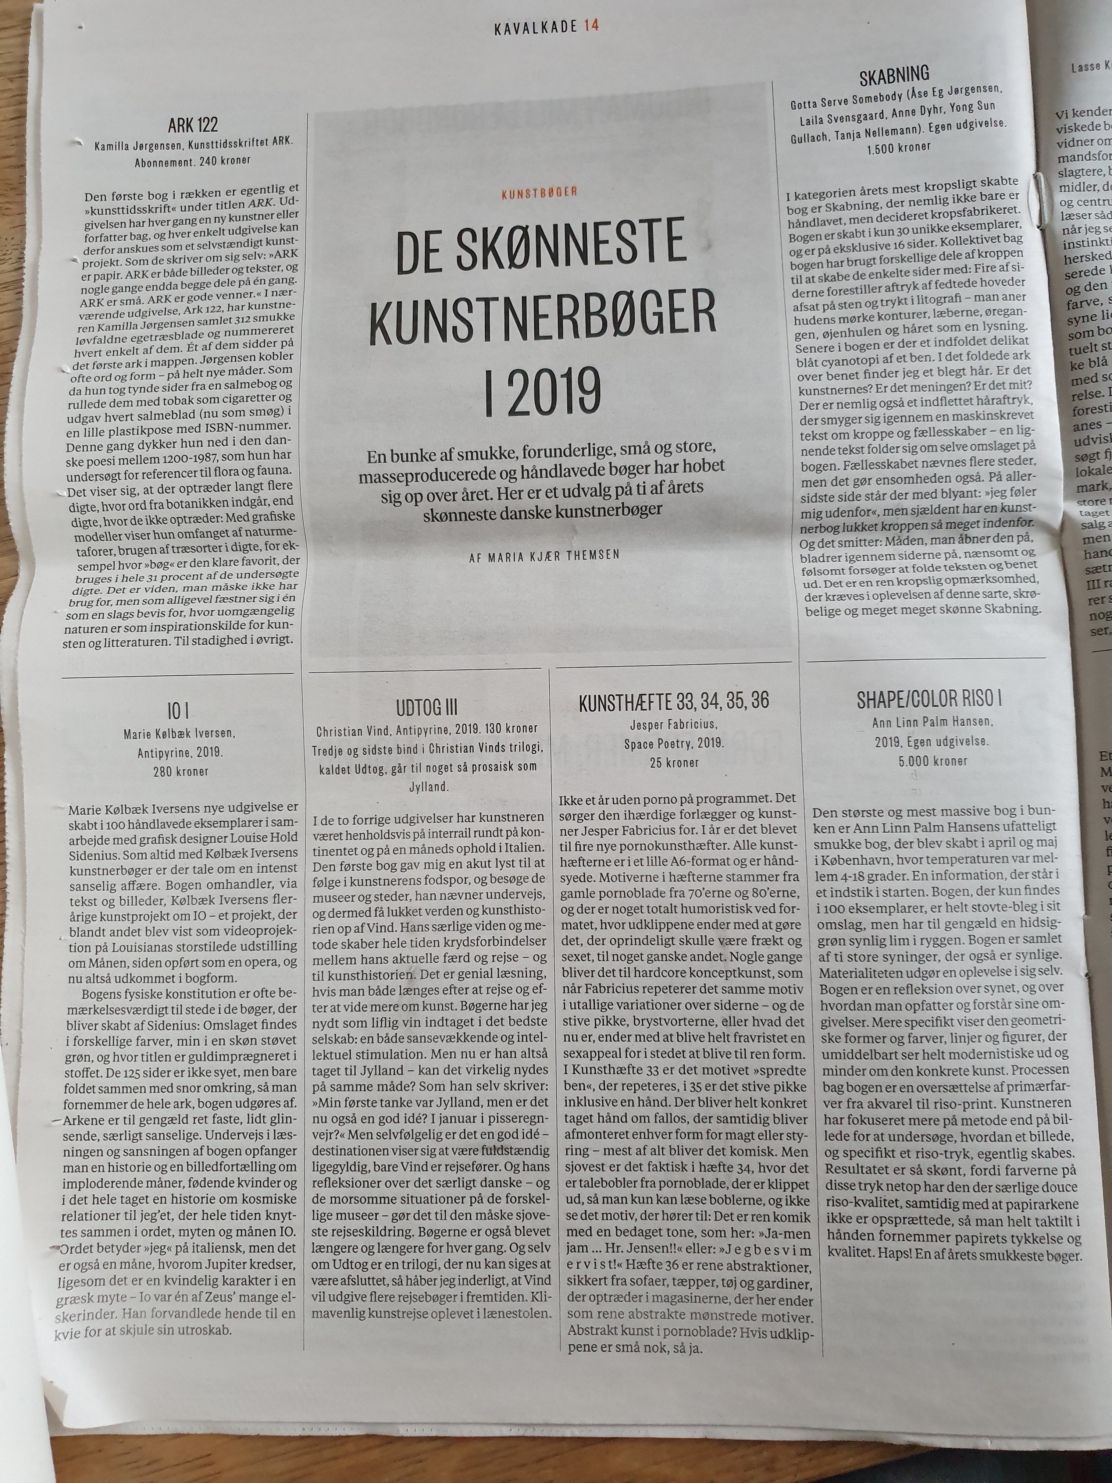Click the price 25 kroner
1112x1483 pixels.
(x=674, y=762)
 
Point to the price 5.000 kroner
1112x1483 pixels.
(x=929, y=761)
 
